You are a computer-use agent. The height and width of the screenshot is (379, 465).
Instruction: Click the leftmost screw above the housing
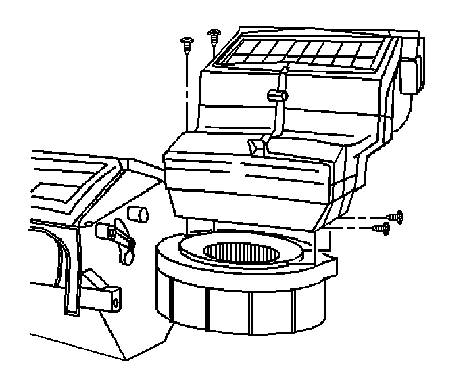185,45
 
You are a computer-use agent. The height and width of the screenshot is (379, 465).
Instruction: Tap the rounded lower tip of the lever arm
126,258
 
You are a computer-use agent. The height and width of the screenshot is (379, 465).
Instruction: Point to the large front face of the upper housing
250,186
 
